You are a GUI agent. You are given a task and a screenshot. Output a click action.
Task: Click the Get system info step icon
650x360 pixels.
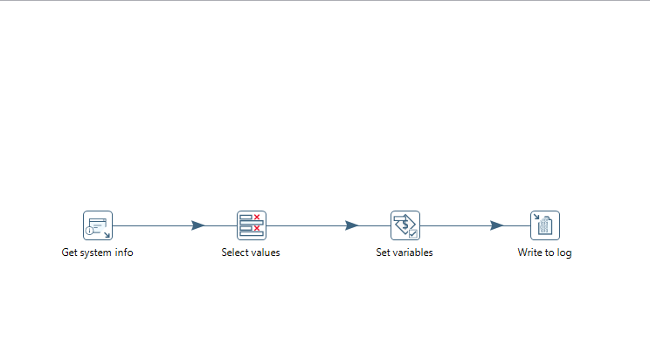point(98,225)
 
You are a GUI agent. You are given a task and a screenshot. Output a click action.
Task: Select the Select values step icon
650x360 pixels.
point(252,225)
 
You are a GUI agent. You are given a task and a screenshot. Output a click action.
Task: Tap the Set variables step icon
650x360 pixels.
point(405,225)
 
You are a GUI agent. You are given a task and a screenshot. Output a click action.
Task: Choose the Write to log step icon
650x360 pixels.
point(545,225)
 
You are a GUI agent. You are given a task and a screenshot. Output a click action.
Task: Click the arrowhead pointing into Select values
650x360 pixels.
point(198,225)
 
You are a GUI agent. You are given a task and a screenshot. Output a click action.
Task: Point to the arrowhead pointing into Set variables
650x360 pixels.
point(352,225)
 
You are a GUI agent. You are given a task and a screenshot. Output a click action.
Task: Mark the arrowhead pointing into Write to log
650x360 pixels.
point(496,225)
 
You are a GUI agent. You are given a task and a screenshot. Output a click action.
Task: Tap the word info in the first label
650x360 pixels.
point(124,253)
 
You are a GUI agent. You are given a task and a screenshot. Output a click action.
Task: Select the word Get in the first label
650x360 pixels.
point(69,253)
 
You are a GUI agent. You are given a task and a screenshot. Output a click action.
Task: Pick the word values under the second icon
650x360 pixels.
point(264,253)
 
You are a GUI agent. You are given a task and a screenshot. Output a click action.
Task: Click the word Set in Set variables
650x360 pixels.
point(383,253)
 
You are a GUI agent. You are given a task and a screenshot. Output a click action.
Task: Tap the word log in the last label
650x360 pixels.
point(564,253)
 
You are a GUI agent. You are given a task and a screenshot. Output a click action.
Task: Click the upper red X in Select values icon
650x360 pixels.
point(257,217)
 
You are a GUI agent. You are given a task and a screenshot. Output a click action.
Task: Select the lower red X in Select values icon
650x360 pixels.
point(257,228)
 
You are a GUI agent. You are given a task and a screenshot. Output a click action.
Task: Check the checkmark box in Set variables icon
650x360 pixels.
point(413,234)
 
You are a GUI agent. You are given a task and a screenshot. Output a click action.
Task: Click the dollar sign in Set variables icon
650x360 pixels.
point(405,225)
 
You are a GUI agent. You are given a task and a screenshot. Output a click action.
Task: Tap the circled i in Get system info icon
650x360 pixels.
point(89,231)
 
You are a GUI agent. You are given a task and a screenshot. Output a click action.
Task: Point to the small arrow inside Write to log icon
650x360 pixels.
point(536,217)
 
